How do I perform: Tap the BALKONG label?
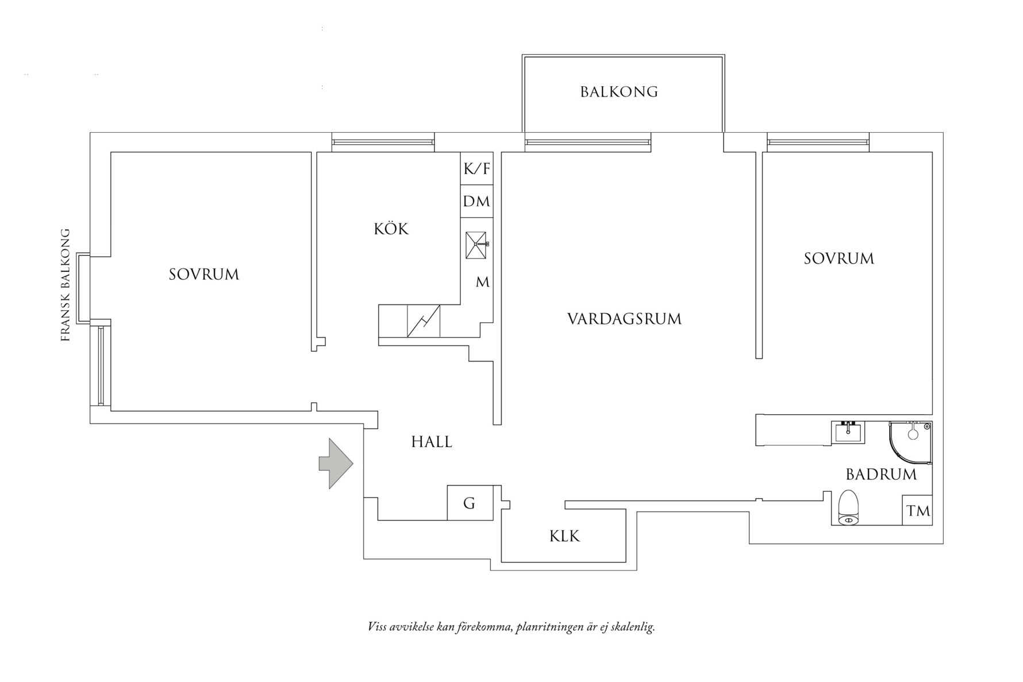(618, 92)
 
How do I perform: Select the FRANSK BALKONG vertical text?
(66, 286)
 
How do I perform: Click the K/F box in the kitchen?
(476, 168)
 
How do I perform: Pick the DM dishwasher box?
(476, 202)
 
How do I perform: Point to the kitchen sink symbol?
(476, 245)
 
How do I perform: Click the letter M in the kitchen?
(482, 282)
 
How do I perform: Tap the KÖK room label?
(391, 229)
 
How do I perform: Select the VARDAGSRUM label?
(624, 319)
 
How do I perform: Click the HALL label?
(432, 442)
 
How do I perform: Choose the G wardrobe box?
(470, 503)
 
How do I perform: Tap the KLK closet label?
(564, 536)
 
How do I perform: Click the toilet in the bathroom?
(848, 509)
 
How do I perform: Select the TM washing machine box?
(918, 510)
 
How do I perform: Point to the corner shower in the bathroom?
(910, 441)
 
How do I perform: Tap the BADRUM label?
(880, 475)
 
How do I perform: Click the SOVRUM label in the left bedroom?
(203, 275)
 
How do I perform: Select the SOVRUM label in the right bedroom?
(839, 259)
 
